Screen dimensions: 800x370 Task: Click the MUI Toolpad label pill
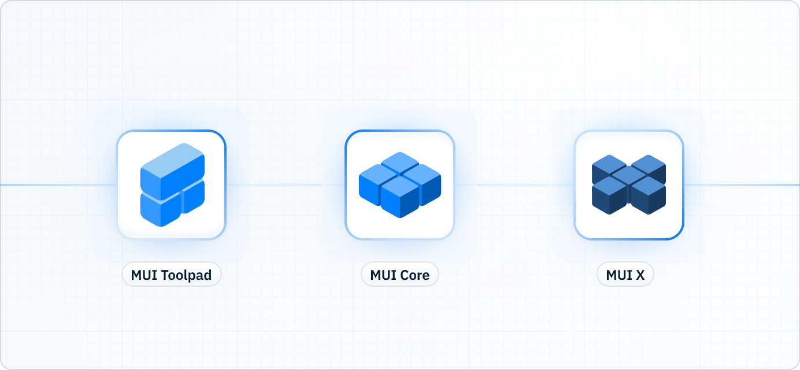(x=172, y=275)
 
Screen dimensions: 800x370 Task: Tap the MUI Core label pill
(x=400, y=275)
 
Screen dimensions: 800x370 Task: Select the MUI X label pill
(x=625, y=275)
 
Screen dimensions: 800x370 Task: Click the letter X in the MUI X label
(x=639, y=275)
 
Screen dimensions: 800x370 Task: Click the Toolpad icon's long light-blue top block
(x=172, y=165)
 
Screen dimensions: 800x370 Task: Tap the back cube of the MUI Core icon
(x=400, y=161)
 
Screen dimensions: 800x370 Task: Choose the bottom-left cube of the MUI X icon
(x=609, y=195)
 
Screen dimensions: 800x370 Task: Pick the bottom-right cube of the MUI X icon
(x=648, y=195)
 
